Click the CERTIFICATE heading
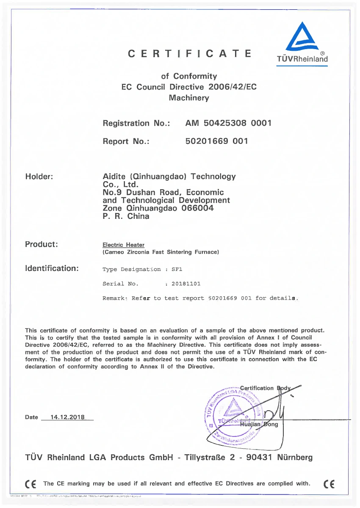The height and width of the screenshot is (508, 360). pyautogui.click(x=190, y=54)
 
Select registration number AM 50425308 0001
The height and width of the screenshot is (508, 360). pyautogui.click(x=228, y=123)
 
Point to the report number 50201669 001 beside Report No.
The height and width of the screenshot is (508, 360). pyautogui.click(x=216, y=141)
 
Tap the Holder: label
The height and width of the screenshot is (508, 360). pyautogui.click(x=39, y=177)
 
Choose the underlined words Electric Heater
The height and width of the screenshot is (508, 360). pyautogui.click(x=123, y=245)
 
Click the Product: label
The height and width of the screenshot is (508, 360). pyautogui.click(x=42, y=244)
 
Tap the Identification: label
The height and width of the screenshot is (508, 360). pyautogui.click(x=52, y=268)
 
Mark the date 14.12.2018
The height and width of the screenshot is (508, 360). pyautogui.click(x=67, y=417)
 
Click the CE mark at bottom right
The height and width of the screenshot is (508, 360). pyautogui.click(x=328, y=484)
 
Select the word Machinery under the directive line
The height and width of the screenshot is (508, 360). pyautogui.click(x=189, y=98)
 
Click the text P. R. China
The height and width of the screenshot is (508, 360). pyautogui.click(x=126, y=216)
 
